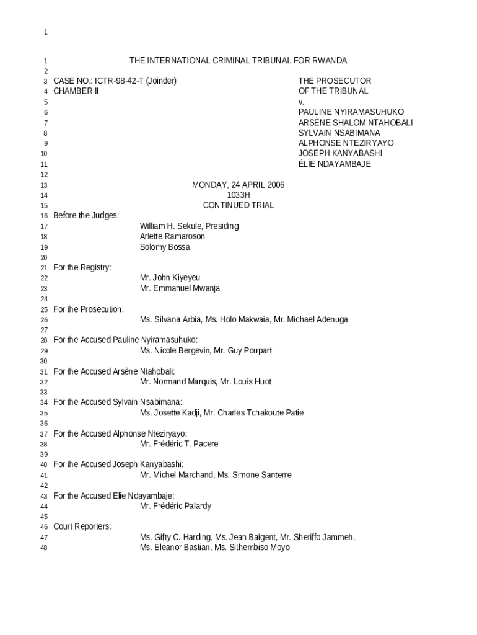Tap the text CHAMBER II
76,91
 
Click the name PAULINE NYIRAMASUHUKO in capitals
351,112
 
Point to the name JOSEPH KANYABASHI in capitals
340,153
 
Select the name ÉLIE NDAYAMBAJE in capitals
335,164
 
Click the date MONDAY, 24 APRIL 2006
238,185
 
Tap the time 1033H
239,195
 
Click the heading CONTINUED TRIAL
239,205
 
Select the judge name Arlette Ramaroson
172,237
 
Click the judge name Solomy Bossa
165,247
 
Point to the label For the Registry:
82,268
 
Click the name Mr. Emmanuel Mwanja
180,288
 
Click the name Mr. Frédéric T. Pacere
179,444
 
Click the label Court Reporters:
82,527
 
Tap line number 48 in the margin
44,548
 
